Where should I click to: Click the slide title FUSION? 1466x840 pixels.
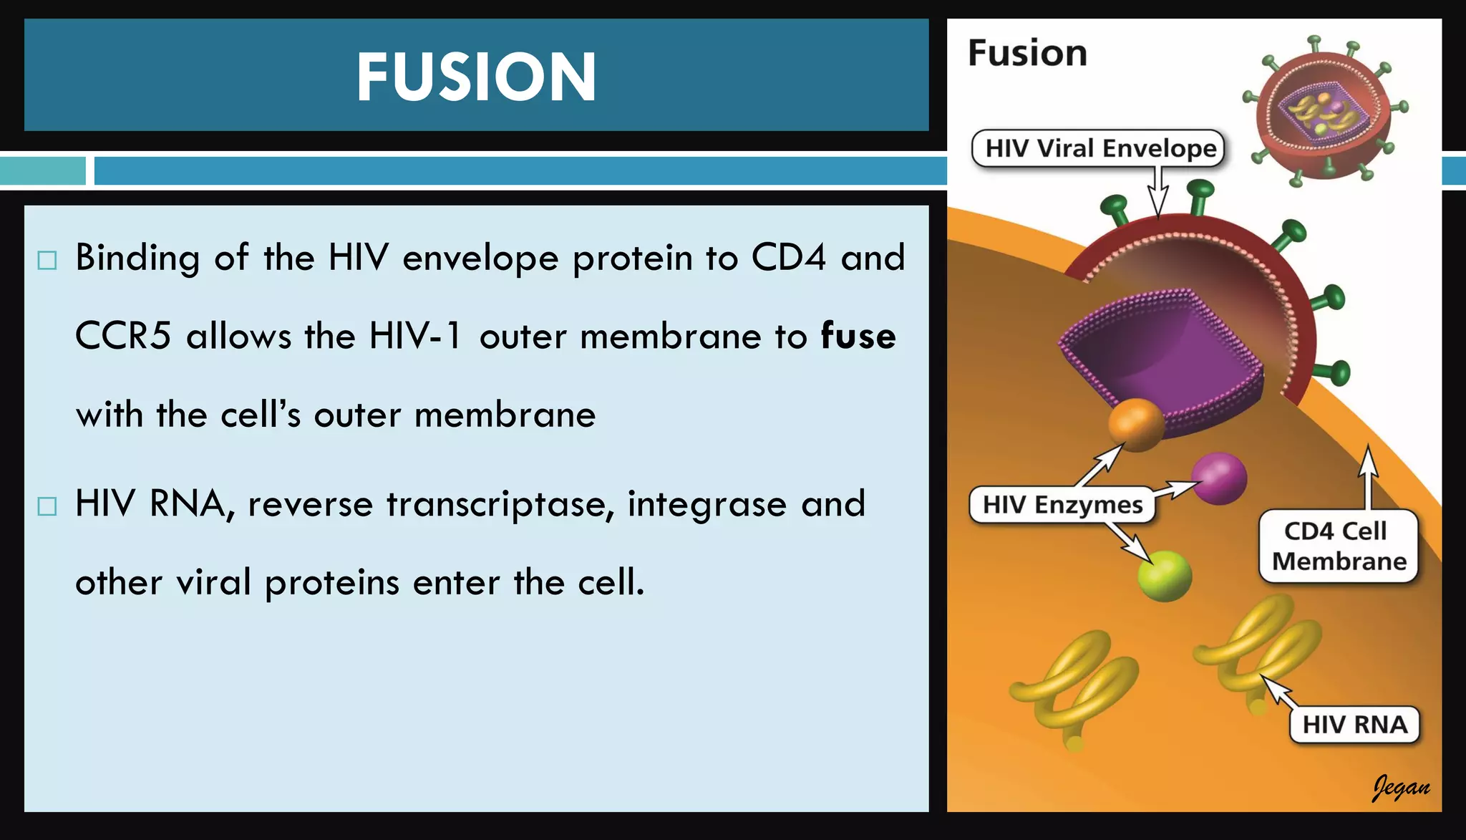pos(476,77)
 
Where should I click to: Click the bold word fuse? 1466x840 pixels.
pos(858,336)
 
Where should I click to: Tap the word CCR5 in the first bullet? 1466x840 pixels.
pos(123,336)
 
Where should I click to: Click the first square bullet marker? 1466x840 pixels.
pos(47,260)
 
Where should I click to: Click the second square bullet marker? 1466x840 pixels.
pos(47,506)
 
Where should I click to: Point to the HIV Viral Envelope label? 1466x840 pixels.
pos(1100,148)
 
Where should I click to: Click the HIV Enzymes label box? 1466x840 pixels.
pos(1062,505)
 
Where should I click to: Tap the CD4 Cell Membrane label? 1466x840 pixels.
pos(1337,546)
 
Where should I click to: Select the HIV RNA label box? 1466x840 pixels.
pos(1354,724)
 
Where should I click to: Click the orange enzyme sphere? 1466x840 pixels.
pos(1136,423)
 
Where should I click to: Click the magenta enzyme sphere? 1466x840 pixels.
pos(1219,478)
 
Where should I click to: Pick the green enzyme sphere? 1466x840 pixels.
pos(1165,575)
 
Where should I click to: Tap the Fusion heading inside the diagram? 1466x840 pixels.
pos(1027,53)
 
